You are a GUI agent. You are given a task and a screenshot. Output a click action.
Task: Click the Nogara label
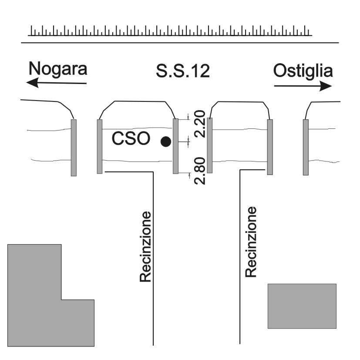(x=58, y=68)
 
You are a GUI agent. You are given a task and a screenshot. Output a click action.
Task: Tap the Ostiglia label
(x=303, y=71)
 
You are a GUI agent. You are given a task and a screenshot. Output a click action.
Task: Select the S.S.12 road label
(x=183, y=71)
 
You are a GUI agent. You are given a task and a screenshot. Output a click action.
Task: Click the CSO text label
(x=131, y=138)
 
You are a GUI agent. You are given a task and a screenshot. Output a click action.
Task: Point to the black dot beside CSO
(x=166, y=141)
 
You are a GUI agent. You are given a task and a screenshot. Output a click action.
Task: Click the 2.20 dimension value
(x=200, y=124)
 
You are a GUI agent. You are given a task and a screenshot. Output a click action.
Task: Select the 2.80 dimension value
(x=200, y=171)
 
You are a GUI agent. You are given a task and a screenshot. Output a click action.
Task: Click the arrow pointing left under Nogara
(x=57, y=83)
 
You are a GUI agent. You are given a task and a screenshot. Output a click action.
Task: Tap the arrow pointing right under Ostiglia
(x=303, y=86)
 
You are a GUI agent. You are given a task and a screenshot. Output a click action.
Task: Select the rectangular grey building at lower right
(x=302, y=306)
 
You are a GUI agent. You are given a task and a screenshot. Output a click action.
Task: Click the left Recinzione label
(x=145, y=246)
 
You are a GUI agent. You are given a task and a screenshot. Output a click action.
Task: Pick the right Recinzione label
(x=251, y=242)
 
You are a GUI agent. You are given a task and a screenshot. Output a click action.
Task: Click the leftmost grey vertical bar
(x=74, y=148)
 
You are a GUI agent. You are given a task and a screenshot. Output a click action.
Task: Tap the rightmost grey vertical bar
(x=306, y=147)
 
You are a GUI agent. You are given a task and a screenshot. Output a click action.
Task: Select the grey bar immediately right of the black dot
(x=175, y=146)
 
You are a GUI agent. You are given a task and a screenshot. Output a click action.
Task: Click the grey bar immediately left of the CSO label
(x=100, y=146)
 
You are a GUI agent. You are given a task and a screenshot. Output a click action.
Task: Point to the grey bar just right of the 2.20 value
(x=210, y=145)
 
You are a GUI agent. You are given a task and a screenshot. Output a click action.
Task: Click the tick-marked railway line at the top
(x=170, y=31)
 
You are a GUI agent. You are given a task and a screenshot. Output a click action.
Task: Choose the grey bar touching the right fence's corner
(x=270, y=147)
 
